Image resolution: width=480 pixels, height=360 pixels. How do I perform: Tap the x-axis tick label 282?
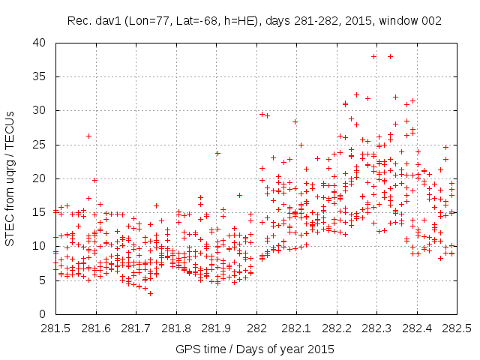coord(256,328)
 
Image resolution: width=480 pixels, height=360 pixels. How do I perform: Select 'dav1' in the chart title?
coord(102,19)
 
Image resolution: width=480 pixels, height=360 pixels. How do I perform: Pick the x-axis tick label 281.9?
coord(217,328)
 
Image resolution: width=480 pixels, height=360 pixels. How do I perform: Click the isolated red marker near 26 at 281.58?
coord(88,136)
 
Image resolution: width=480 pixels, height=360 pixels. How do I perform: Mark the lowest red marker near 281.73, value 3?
coord(150,293)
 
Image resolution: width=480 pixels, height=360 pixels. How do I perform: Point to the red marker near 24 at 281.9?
coord(217,153)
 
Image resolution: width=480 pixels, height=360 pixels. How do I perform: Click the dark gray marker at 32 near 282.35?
coord(395,97)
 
